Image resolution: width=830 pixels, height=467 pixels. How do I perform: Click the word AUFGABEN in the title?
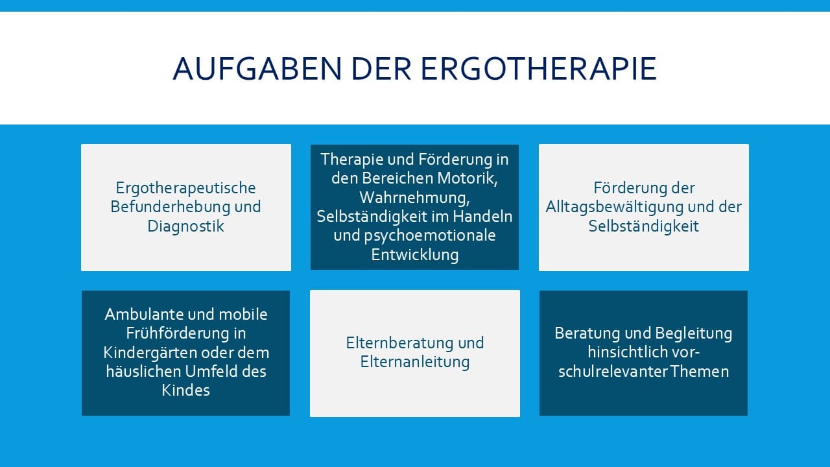(x=257, y=69)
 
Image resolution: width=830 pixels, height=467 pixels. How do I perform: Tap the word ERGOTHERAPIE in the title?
(x=539, y=69)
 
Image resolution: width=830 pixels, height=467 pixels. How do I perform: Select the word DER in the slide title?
(x=381, y=69)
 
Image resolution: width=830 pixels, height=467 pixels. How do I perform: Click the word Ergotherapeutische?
(x=185, y=188)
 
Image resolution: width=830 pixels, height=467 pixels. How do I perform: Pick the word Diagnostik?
(x=185, y=226)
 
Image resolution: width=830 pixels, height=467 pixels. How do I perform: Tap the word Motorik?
(x=468, y=178)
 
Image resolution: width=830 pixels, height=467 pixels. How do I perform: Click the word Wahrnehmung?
(x=414, y=198)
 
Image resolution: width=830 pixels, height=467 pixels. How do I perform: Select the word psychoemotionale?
(x=430, y=236)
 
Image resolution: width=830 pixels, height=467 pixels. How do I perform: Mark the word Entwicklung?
(x=415, y=255)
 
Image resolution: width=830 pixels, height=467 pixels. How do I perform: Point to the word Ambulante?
(x=141, y=315)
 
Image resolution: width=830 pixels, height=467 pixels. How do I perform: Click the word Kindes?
(x=185, y=390)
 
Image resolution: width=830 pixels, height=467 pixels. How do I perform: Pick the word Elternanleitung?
(x=414, y=362)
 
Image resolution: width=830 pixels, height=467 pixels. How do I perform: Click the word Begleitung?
(x=694, y=333)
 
